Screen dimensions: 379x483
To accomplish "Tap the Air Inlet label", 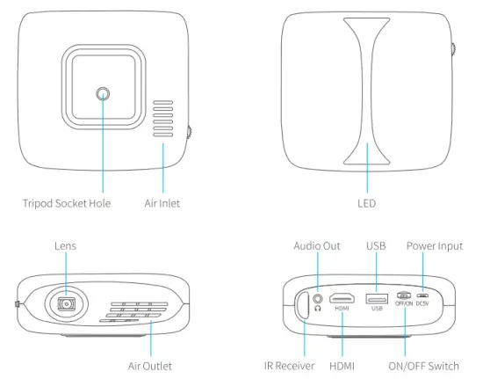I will pos(162,203).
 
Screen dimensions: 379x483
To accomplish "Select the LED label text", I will pos(368,203).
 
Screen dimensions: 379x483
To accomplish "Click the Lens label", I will pos(66,246).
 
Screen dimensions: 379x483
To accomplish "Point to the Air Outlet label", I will pos(150,365).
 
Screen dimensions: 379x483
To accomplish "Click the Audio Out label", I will pos(317,246).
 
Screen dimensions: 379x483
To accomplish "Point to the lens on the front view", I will pos(66,303).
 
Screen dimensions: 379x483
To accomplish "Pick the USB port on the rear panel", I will pos(377,297).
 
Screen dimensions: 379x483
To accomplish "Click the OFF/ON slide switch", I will pos(404,296).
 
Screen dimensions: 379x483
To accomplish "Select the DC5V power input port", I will pos(423,296).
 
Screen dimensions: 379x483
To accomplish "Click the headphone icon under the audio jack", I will pos(317,309).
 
